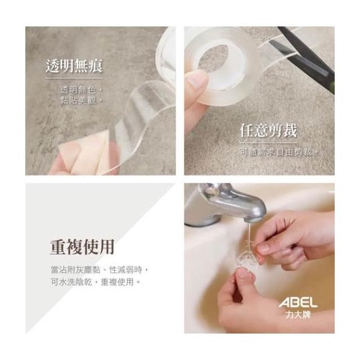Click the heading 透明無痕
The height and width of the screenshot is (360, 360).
[74, 66]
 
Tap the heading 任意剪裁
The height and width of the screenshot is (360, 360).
[268, 130]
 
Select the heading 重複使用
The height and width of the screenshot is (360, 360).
[82, 247]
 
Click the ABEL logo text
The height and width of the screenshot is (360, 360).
[298, 303]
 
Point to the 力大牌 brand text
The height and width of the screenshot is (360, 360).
[298, 314]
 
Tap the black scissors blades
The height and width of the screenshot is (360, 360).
[304, 55]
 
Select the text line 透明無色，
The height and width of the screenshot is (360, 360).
[81, 90]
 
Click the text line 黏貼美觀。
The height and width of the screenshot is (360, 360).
[81, 100]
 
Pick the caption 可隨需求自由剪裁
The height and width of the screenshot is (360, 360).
[278, 152]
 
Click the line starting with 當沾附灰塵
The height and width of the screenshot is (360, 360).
[100, 270]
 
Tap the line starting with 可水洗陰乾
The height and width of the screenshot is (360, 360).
[96, 282]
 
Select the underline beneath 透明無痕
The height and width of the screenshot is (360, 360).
[74, 79]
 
